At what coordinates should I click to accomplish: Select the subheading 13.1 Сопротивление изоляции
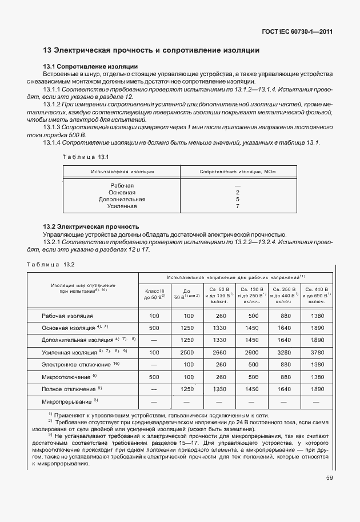(91, 67)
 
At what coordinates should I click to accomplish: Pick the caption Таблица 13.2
(51, 264)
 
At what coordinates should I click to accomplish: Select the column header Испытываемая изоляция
(121, 172)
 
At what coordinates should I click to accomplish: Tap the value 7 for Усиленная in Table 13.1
(237, 206)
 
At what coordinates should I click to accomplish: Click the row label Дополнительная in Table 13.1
(122, 200)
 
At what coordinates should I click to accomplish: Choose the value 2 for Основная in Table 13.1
(237, 193)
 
